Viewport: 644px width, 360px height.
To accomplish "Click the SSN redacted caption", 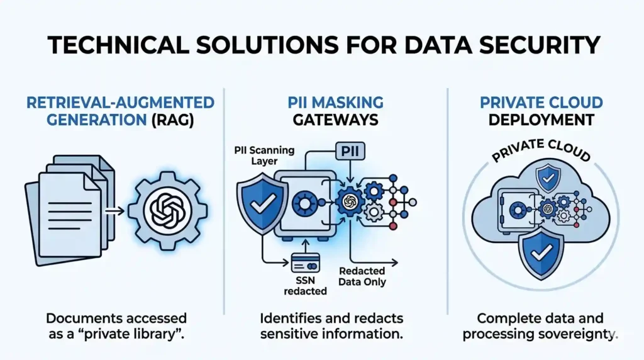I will pos(306,285).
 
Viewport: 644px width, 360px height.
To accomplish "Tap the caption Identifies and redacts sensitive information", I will pos(331,326).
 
